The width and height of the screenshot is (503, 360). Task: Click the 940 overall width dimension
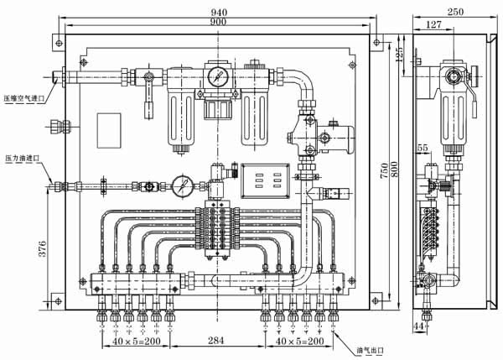click(220, 12)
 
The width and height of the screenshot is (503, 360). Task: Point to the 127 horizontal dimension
click(433, 25)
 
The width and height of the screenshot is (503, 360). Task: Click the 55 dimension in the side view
click(422, 148)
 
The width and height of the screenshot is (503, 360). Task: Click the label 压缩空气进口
click(23, 99)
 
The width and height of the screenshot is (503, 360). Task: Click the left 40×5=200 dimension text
click(136, 342)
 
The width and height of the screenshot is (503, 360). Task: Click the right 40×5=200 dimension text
click(298, 342)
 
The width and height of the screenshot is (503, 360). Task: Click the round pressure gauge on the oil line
click(183, 185)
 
